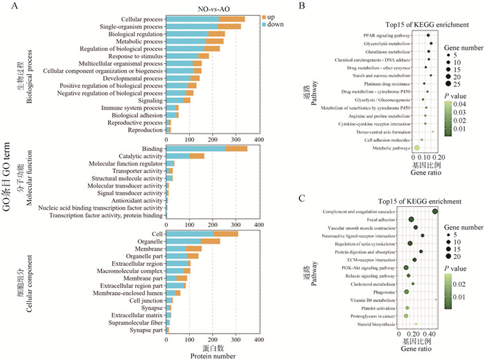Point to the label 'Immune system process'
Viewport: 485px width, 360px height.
[128, 107]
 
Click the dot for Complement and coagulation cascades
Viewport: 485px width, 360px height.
[435, 211]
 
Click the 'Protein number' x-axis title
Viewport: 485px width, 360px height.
[212, 356]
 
